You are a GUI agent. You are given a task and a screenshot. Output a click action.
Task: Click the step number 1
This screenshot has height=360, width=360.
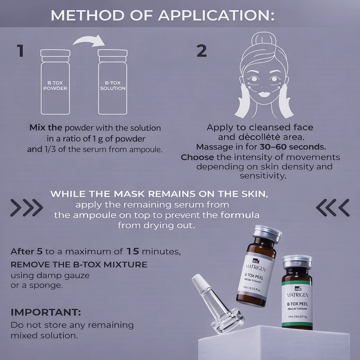tap(20, 51)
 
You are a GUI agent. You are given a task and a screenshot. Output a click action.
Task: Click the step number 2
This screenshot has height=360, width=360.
tap(201, 51)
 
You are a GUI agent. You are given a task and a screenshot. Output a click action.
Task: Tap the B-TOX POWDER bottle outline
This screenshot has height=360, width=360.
tap(55, 83)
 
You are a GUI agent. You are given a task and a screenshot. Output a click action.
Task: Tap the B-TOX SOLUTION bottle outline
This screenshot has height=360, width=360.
tap(112, 83)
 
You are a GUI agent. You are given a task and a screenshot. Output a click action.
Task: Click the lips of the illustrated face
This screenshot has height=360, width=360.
tap(264, 94)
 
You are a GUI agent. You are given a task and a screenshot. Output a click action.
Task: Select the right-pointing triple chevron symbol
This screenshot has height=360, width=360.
tap(27, 207)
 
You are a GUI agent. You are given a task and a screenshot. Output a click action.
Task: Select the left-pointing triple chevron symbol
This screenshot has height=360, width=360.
tap(333, 207)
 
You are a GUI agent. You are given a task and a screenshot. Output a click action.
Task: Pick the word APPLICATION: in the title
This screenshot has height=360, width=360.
tap(217, 15)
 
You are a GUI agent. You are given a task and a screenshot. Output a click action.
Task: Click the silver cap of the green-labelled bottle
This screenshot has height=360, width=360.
tap(297, 261)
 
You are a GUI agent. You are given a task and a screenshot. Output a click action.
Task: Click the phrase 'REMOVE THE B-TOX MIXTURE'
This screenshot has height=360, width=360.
tap(79, 264)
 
